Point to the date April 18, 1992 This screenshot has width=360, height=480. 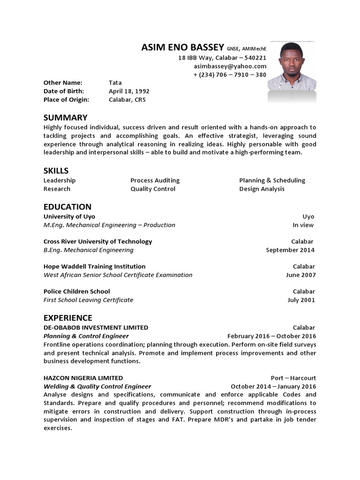click(129, 91)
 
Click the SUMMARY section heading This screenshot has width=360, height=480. click(65, 118)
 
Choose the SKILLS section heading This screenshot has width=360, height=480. click(56, 171)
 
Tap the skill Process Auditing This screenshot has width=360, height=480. click(155, 180)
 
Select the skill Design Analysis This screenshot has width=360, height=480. click(262, 189)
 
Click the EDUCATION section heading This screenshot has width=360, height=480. click(67, 207)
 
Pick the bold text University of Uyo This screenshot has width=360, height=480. click(69, 217)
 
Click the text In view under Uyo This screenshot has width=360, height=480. click(303, 225)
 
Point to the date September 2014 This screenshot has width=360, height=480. click(290, 250)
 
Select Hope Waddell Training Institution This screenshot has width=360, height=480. click(94, 266)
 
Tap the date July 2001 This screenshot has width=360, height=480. click(301, 300)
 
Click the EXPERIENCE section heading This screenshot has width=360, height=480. click(68, 318)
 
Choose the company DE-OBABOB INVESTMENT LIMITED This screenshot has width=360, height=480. click(96, 328)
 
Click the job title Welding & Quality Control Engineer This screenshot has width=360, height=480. click(97, 386)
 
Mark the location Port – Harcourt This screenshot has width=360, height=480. click(293, 378)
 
